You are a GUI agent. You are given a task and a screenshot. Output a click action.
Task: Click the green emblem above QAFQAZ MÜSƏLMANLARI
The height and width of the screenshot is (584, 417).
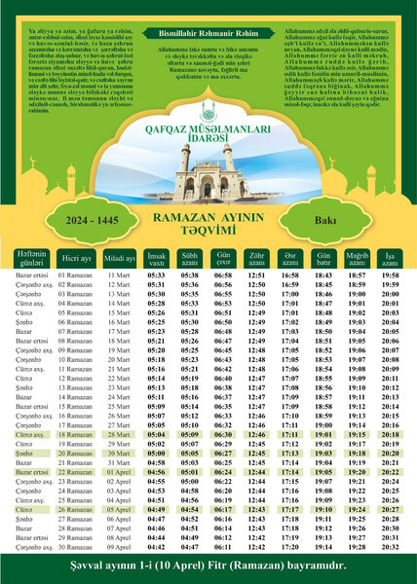tap(208, 113)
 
